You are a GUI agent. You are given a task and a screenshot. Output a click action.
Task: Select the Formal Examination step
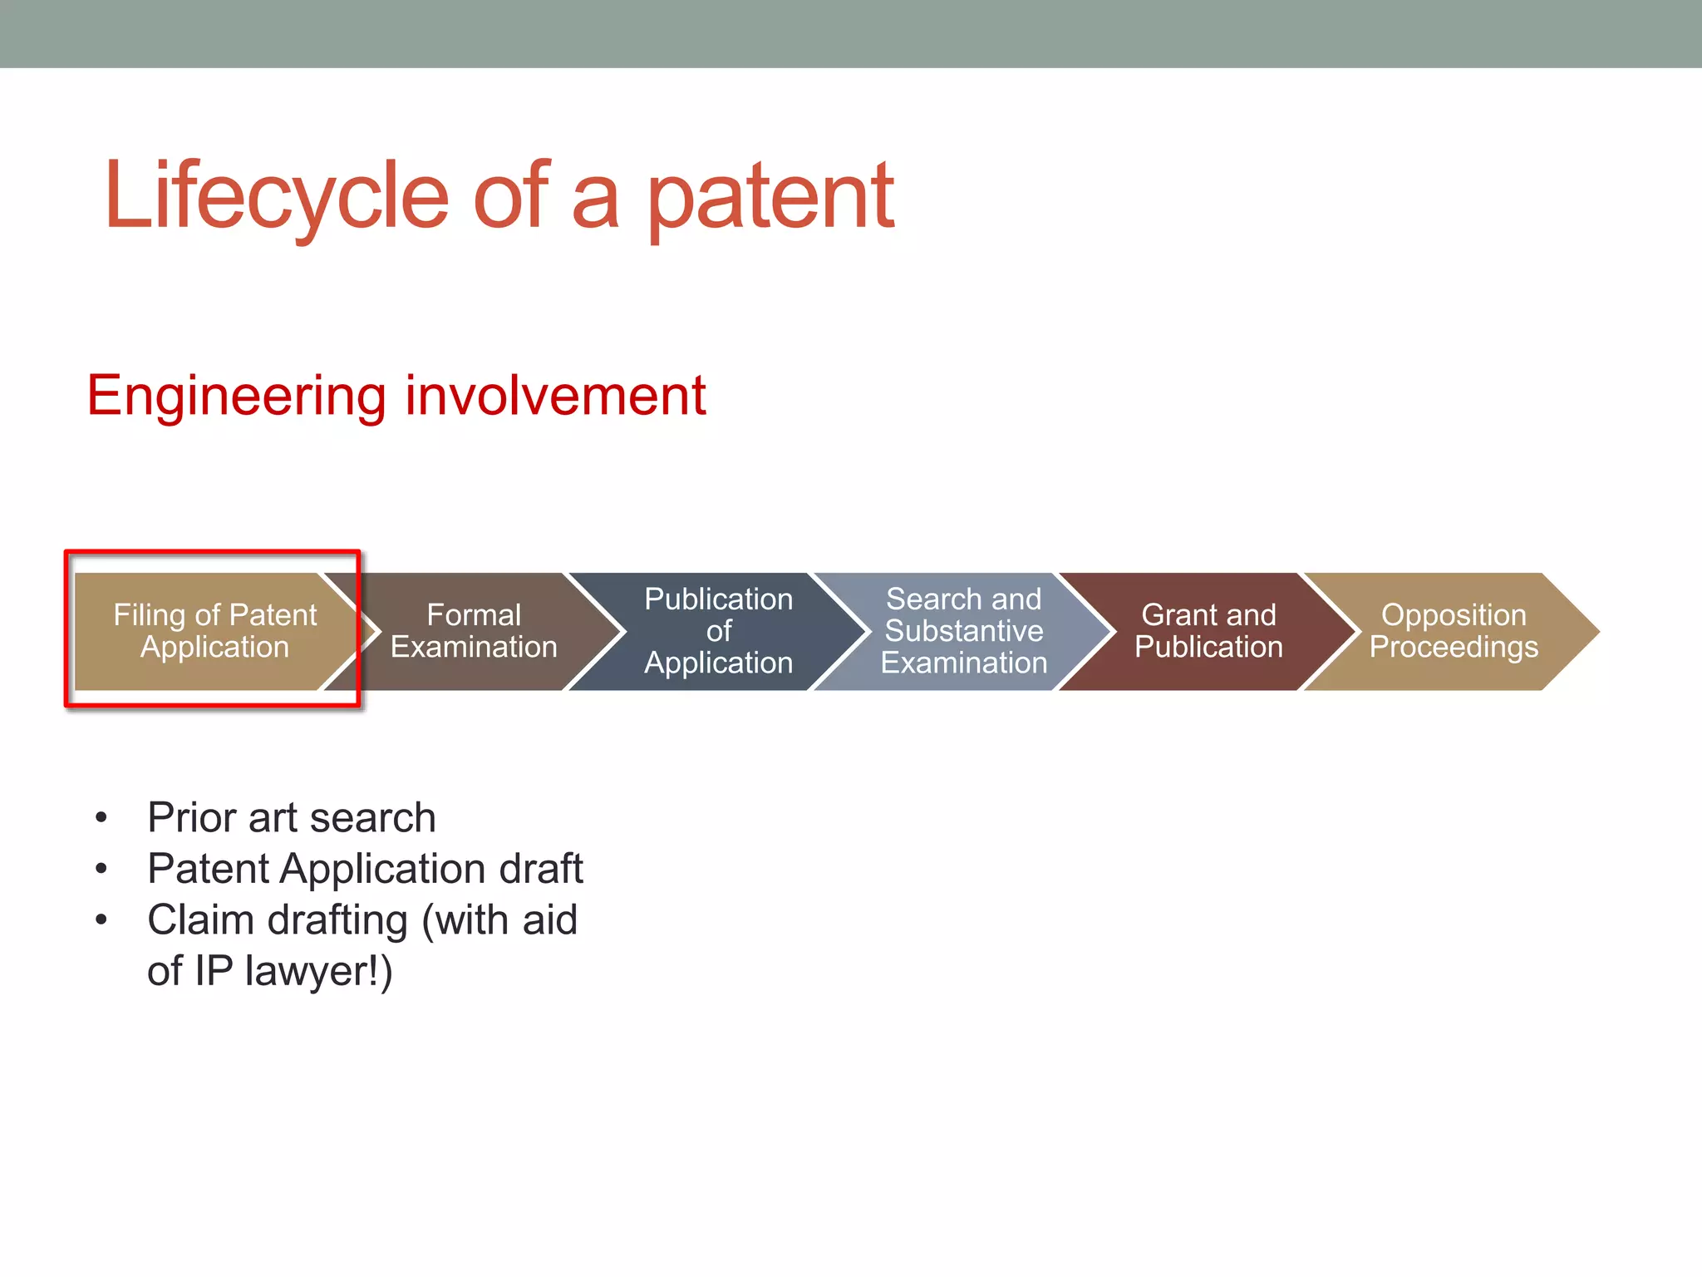click(x=474, y=631)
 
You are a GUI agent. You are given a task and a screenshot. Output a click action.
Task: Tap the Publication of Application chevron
click(x=718, y=631)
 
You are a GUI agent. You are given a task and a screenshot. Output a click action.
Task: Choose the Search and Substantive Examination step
click(x=963, y=631)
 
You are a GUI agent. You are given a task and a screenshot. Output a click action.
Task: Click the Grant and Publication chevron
click(x=1208, y=631)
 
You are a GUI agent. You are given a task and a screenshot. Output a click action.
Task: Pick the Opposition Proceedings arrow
click(x=1454, y=631)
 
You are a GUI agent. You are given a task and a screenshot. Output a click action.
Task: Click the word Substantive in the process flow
click(x=963, y=631)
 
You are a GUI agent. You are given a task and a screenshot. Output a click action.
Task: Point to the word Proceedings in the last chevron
click(x=1454, y=648)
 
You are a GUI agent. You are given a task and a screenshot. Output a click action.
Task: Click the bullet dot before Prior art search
click(x=101, y=818)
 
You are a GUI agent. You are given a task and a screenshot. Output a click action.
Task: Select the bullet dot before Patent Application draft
click(x=101, y=870)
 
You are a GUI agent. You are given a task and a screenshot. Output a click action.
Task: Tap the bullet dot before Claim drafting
click(x=101, y=920)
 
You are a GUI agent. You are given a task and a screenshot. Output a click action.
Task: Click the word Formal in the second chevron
click(x=474, y=615)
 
